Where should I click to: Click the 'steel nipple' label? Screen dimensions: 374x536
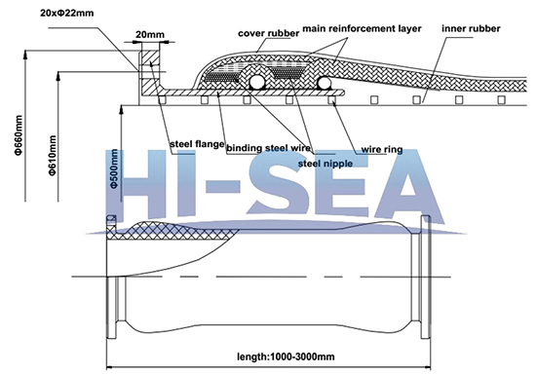pos(321,164)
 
